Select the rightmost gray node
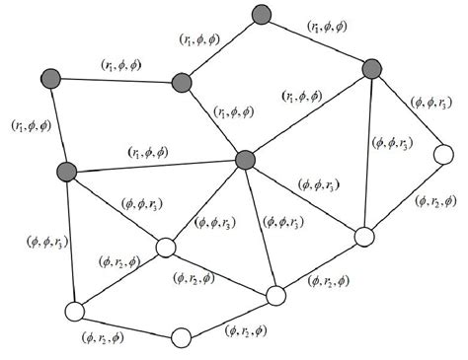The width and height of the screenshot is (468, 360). pyautogui.click(x=371, y=68)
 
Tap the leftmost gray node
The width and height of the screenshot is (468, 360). pyautogui.click(x=52, y=78)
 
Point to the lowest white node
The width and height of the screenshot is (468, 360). pyautogui.click(x=180, y=338)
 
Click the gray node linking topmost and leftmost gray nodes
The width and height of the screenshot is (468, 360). pyautogui.click(x=181, y=82)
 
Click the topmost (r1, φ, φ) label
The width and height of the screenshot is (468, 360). pyautogui.click(x=329, y=27)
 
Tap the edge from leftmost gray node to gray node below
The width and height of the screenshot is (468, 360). pyautogui.click(x=59, y=123)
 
